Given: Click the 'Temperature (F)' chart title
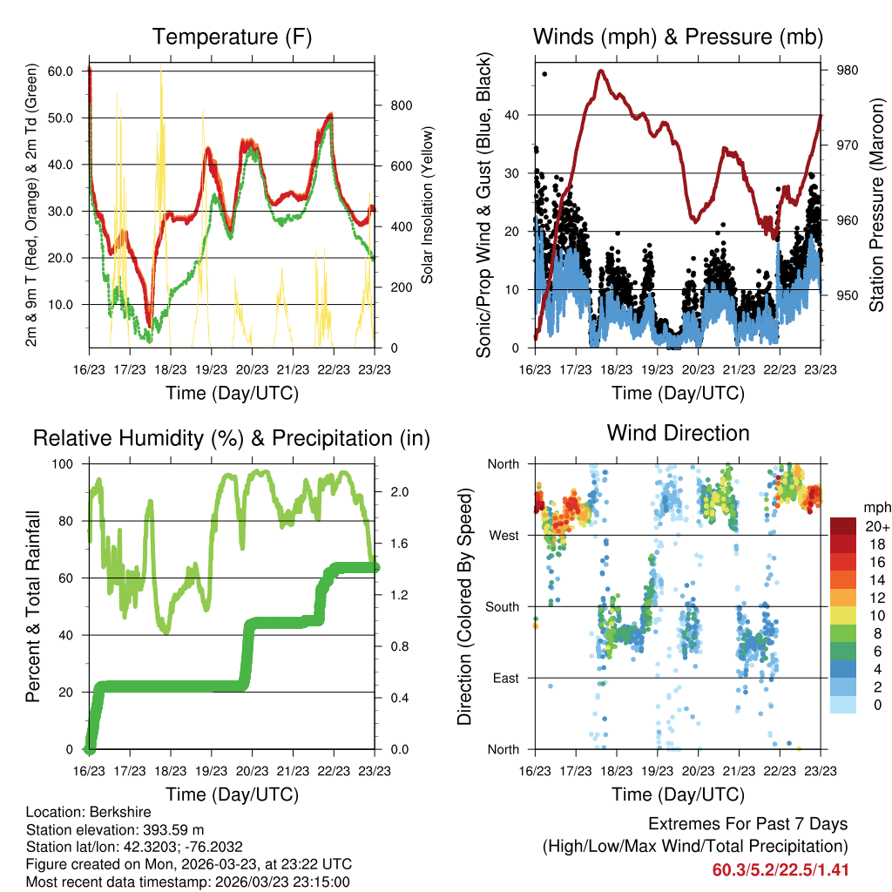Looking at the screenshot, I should (x=232, y=37).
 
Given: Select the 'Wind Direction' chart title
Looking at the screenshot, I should (x=678, y=432).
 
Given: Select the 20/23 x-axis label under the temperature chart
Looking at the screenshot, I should (x=253, y=369).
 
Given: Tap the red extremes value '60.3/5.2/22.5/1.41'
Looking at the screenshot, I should (x=780, y=869).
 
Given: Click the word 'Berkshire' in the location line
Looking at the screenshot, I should (x=123, y=813).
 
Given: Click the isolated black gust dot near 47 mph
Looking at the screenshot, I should (x=544, y=74).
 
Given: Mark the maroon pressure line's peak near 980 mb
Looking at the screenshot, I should (x=601, y=71).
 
